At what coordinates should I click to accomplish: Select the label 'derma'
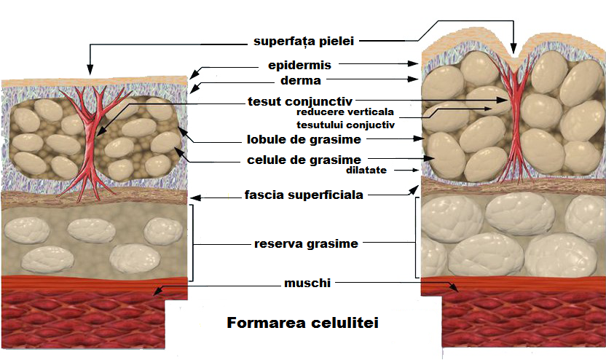(303, 80)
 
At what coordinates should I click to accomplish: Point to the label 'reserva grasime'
(306, 243)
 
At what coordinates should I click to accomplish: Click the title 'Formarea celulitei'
(303, 322)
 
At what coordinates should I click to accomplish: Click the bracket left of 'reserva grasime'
(192, 243)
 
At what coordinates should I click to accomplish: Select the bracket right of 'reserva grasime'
(417, 237)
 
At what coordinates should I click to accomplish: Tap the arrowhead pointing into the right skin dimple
(514, 51)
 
